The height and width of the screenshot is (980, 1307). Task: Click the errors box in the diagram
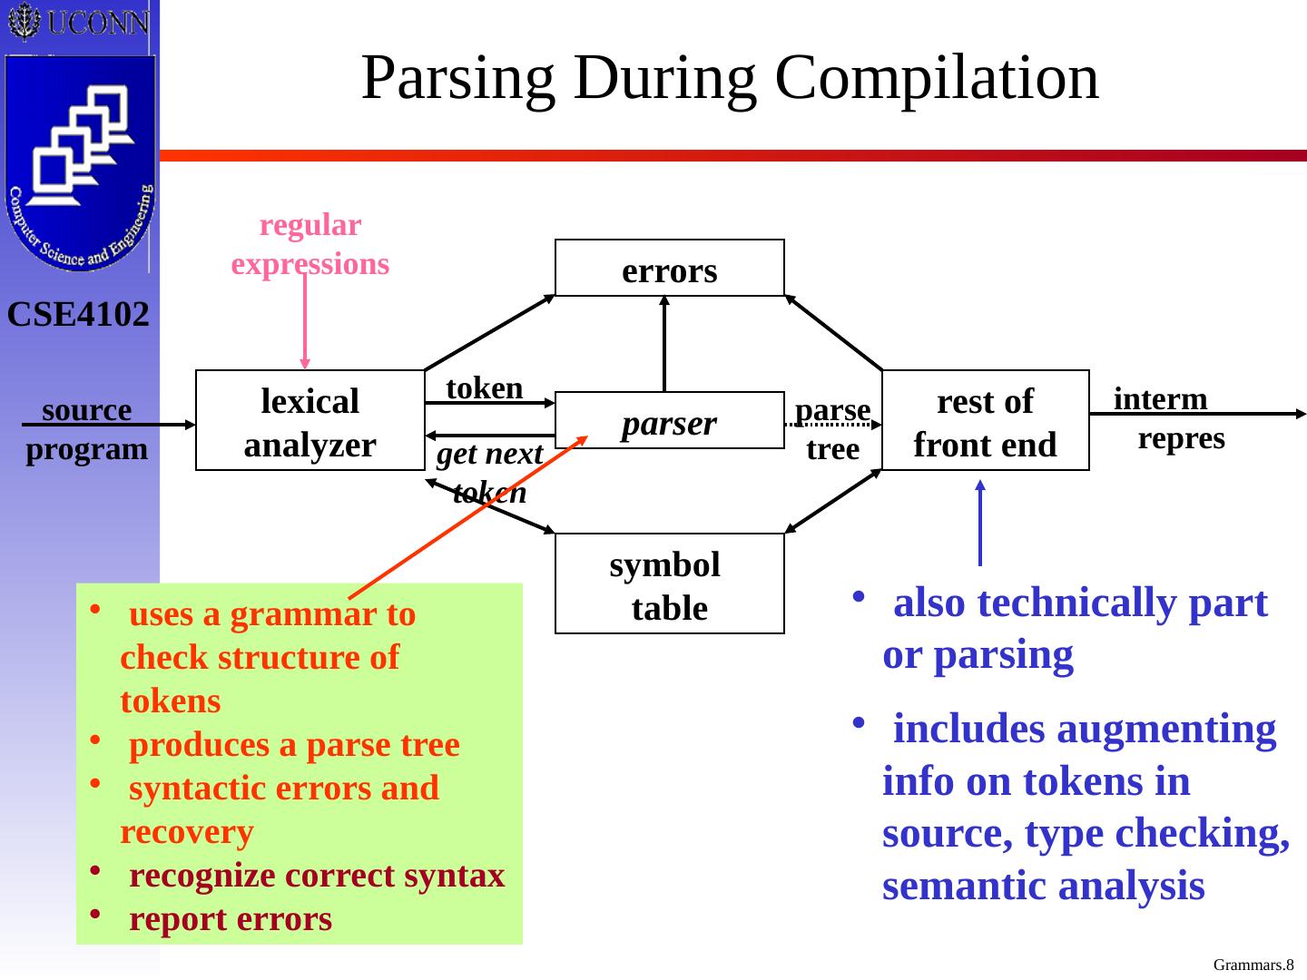tap(669, 269)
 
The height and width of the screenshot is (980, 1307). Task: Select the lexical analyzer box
tap(310, 421)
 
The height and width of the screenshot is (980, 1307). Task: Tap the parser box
tap(669, 421)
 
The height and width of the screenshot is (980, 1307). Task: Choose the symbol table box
tap(669, 584)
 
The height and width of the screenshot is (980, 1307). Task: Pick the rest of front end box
tap(985, 421)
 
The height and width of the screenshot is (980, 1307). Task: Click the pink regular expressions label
tap(310, 244)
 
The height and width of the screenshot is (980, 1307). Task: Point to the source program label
tap(86, 429)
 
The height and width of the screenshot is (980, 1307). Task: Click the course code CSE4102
tap(79, 315)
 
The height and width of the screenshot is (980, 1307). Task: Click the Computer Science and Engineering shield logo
tap(80, 163)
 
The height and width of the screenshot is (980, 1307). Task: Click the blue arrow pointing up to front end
tap(980, 523)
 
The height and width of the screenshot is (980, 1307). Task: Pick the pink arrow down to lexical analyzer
tap(305, 321)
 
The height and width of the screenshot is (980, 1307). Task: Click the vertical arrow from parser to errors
tap(664, 344)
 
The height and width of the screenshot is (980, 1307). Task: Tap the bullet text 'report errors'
tap(231, 919)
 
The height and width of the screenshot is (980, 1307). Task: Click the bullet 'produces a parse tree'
tap(294, 745)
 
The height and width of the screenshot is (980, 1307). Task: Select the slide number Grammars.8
tap(1253, 965)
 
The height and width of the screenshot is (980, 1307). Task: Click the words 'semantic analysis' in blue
tap(1043, 887)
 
